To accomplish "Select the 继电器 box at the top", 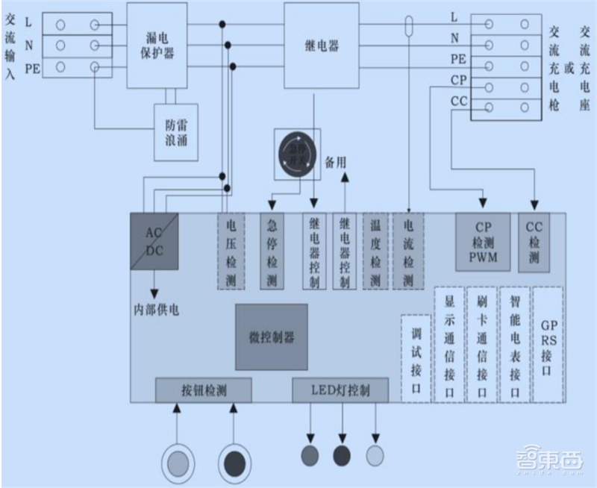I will coord(322,46).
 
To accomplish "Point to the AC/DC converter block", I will coord(154,241).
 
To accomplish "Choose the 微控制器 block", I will coord(272,337).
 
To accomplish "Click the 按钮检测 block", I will coord(203,390).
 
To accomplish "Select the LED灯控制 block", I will coord(340,390).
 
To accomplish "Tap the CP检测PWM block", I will coord(483,241).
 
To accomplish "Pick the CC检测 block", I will coord(533,241).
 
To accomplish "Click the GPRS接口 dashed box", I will coord(548,345).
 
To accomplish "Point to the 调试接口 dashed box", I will coord(416,359).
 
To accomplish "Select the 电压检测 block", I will coord(231,251).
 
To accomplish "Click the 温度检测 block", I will coord(375,251).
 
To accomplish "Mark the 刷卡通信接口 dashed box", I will coord(481,345).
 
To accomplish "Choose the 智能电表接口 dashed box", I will coord(515,345).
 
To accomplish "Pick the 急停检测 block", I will coord(272,251).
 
